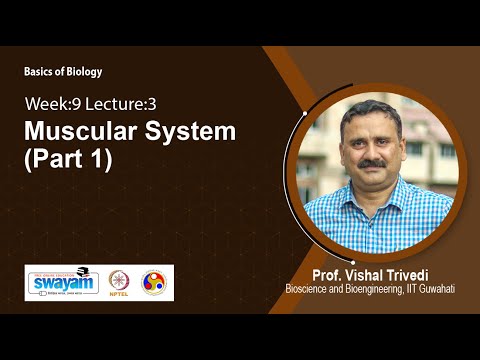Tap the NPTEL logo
tap(119, 282)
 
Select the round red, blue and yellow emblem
tap(155, 282)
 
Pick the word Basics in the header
tap(40, 71)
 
